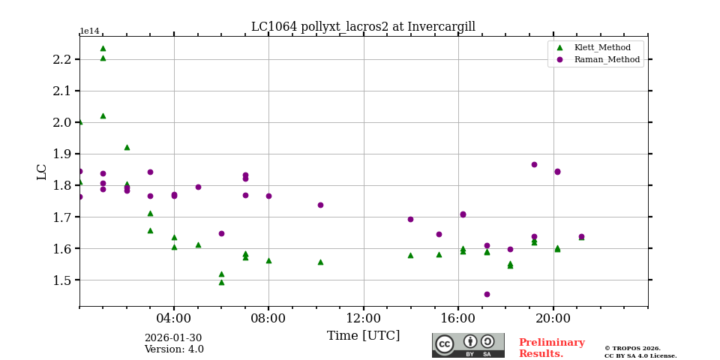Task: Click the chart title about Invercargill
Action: coord(363,27)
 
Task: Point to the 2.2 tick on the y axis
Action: coord(62,60)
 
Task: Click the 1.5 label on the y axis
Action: coord(62,280)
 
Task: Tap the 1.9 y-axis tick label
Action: coord(62,154)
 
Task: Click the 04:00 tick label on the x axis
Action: coord(174,318)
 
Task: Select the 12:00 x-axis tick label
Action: coord(363,318)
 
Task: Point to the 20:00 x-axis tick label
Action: coord(553,318)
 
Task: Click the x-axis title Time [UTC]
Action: coord(363,336)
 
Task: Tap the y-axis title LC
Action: coord(42,172)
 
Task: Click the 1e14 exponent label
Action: coord(89,31)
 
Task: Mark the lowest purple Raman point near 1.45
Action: coord(487,294)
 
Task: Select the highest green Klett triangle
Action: coord(103,49)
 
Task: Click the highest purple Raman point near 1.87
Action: coord(534,164)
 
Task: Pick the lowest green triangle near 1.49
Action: coord(221,282)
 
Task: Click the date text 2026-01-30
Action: coord(172,338)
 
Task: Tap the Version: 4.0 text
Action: coord(174,349)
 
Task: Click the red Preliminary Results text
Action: coord(551,348)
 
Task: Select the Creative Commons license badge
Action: coord(468,345)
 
